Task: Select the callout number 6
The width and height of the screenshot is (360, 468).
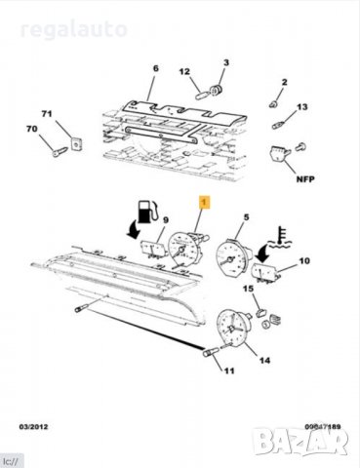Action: coord(154,68)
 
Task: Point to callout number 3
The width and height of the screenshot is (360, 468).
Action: coord(224,63)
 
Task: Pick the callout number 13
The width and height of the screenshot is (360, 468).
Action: coord(302,106)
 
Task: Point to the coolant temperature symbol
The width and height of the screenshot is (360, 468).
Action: coord(280,233)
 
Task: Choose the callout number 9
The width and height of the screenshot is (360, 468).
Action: coord(166,221)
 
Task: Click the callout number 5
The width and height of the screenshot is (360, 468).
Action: coord(247,218)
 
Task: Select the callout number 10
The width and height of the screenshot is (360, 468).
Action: coord(303,260)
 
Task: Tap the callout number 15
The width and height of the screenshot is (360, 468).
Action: coord(248,290)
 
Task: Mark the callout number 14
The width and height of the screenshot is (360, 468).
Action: coord(262,360)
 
